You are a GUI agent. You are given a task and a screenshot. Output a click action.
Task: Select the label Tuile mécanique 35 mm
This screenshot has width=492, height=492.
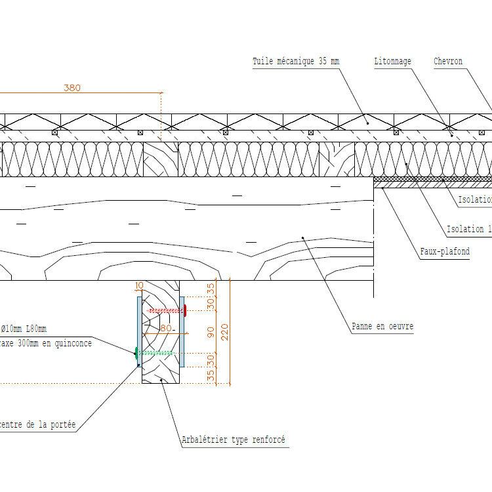(x=296, y=62)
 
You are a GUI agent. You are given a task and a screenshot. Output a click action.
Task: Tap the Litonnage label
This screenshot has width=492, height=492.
(x=392, y=62)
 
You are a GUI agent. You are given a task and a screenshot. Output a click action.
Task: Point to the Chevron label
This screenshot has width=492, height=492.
(x=448, y=62)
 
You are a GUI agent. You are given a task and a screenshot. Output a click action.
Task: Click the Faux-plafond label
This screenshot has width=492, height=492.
(x=444, y=251)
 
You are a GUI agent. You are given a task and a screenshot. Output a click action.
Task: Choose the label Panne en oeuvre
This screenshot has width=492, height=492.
(x=382, y=326)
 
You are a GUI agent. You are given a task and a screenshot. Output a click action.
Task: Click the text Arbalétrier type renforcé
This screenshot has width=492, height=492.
(x=234, y=440)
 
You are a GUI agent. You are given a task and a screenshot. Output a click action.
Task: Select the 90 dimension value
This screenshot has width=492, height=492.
(x=211, y=333)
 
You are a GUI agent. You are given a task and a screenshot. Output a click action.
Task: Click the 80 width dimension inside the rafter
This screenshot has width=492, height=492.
(x=165, y=328)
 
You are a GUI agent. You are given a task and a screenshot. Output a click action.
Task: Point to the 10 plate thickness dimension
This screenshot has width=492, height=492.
(x=138, y=285)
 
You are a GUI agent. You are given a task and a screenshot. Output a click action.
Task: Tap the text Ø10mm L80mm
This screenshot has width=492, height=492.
(x=24, y=329)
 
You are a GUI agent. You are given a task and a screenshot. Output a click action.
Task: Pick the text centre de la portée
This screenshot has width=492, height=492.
(x=38, y=425)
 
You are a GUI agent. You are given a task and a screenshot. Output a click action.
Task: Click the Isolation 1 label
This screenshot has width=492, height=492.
(x=468, y=229)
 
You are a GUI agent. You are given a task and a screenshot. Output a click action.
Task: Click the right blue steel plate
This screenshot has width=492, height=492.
(x=182, y=331)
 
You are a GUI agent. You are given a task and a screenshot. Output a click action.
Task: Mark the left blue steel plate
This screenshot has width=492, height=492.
(x=138, y=331)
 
